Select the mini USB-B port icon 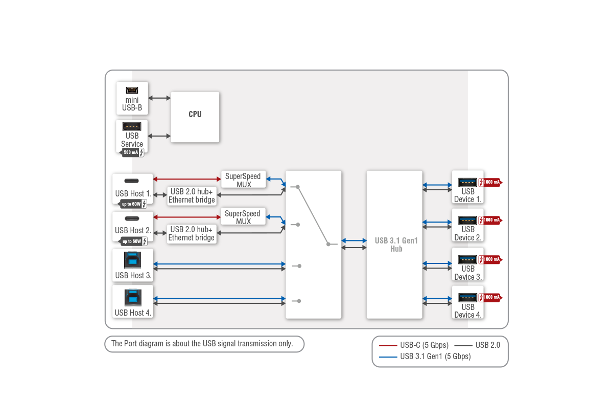[132, 90]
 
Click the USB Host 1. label [133, 193]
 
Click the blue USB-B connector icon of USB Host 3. [132, 260]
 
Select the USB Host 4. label [133, 313]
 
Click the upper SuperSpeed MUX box [243, 180]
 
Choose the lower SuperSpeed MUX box [243, 217]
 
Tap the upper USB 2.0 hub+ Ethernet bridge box [192, 196]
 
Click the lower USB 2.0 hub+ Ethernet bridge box [192, 234]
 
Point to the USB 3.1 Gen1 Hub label [396, 245]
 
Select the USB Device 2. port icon [467, 220]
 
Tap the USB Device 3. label [468, 273]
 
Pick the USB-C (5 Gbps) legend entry [414, 345]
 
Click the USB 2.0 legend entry [477, 345]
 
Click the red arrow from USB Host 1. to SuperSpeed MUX [187, 179]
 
